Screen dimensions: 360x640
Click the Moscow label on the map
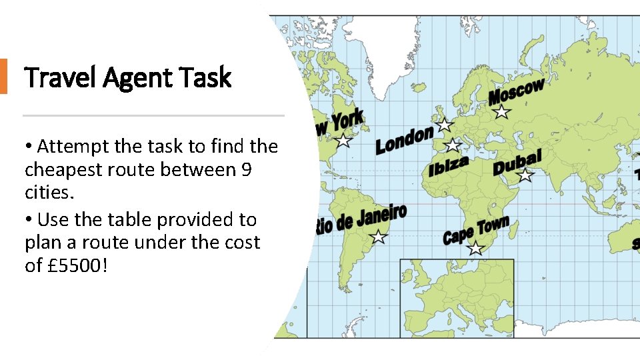click(517, 91)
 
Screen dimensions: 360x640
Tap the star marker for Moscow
click(501, 112)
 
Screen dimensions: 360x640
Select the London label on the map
click(404, 141)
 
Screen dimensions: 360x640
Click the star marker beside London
click(443, 125)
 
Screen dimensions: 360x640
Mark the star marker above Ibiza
click(453, 145)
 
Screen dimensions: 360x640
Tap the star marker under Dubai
click(525, 175)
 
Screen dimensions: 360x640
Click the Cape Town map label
click(476, 229)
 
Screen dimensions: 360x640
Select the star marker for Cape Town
click(475, 249)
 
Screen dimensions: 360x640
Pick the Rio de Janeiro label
click(361, 219)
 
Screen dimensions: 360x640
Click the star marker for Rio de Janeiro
click(378, 237)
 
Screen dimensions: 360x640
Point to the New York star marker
click(343, 141)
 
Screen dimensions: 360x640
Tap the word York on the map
click(347, 122)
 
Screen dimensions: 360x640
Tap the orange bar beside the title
click(3, 76)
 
